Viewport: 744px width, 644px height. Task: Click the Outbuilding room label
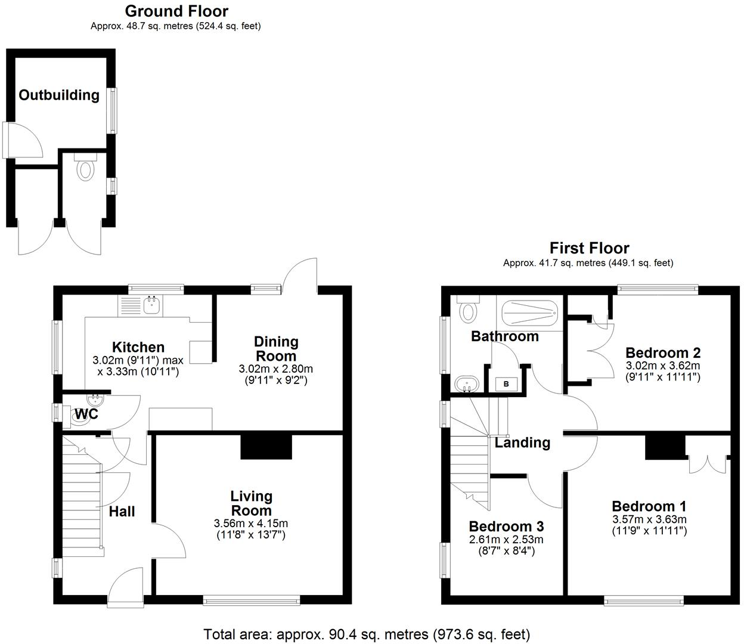[x=59, y=95]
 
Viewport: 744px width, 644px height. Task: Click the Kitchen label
[x=138, y=347]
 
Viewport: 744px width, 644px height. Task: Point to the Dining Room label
[x=275, y=349]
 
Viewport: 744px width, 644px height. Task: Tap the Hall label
[x=122, y=511]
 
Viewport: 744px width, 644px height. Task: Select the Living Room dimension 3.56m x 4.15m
[x=251, y=524]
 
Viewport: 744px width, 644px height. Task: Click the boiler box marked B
[x=506, y=384]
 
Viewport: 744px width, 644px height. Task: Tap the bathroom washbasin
[x=465, y=383]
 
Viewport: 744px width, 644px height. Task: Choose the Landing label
[x=522, y=442]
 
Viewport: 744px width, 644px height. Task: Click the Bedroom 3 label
[x=506, y=527]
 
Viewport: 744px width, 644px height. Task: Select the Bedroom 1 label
[x=649, y=506]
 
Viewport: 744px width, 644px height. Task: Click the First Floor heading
[x=589, y=248]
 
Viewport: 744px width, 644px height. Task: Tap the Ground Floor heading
[x=176, y=11]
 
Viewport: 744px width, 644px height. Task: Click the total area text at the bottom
[x=367, y=634]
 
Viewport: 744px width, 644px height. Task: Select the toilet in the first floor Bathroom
[x=468, y=310]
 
